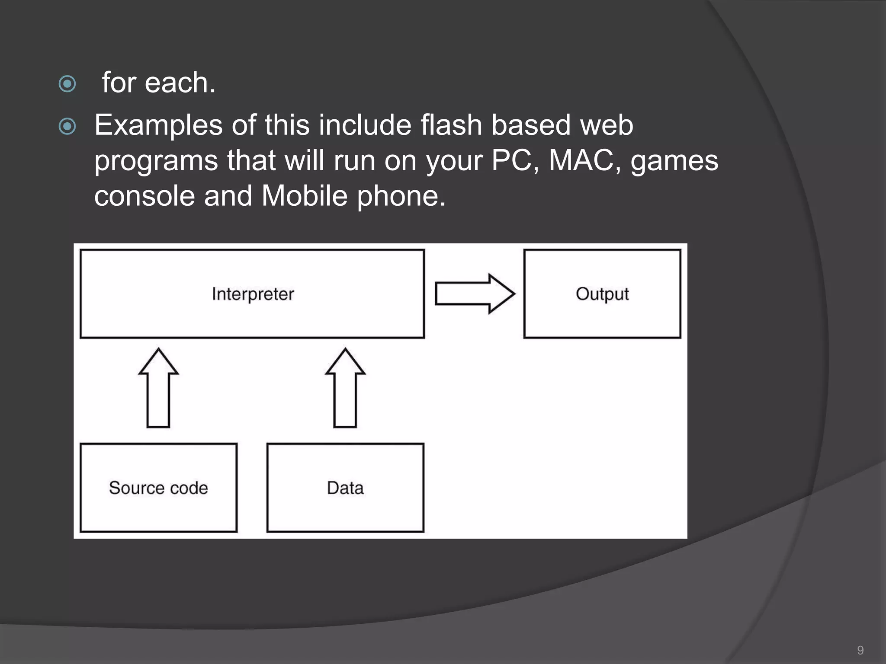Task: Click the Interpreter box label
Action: pos(253,294)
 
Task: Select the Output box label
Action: pos(602,294)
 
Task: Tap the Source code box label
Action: pos(158,488)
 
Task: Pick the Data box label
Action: pos(345,488)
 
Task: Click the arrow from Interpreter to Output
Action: pos(475,294)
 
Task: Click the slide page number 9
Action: pos(860,650)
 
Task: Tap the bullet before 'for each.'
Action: pos(67,84)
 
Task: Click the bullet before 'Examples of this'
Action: pos(67,127)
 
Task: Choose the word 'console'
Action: pos(144,196)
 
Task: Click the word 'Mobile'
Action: pos(304,196)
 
